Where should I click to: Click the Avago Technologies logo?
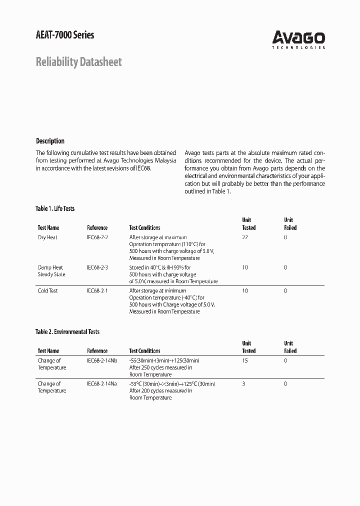pos(298,39)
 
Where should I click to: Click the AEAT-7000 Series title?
pos(65,34)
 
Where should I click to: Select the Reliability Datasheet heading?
pos(78,62)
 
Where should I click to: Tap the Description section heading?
pos(50,141)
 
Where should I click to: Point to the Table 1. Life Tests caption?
pos(55,208)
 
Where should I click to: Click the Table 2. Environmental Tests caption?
pos(67,331)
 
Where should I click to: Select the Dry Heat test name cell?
pos(47,237)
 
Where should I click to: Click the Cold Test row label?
pos(48,290)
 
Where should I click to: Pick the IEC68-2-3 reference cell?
pos(97,267)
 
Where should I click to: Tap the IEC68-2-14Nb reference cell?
pos(102,360)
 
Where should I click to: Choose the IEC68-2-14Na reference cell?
pos(102,383)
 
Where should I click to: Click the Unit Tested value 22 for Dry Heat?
pos(244,237)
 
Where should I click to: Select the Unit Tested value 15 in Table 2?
pos(244,360)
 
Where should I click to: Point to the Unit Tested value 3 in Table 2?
pos(243,383)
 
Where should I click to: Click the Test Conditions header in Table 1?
pos(144,227)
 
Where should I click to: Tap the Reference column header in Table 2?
pos(97,351)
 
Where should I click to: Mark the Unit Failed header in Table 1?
pos(290,223)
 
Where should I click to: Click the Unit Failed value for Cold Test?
pos(285,290)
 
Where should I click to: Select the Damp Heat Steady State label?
pos(51,271)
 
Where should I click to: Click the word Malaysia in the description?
pos(164,160)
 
